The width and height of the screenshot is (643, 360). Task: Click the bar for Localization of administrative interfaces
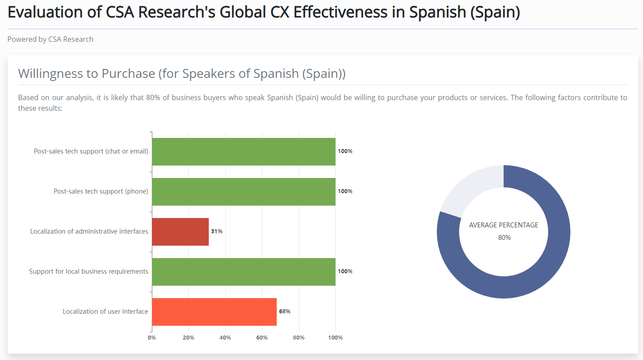[180, 232]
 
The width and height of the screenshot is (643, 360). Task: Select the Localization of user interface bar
[214, 312]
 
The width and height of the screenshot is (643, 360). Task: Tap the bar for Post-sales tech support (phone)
[244, 192]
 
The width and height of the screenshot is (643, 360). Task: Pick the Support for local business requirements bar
[244, 272]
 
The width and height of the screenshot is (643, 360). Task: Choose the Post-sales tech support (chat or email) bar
[244, 152]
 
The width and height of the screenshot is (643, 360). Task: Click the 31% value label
[217, 231]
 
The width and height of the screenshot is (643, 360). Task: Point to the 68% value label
[285, 311]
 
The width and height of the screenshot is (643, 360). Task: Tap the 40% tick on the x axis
[225, 338]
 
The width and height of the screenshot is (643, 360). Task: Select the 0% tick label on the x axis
[152, 338]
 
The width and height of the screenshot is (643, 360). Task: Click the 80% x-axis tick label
[299, 338]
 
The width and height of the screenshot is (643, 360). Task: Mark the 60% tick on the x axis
[262, 338]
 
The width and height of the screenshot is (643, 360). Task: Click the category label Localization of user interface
[105, 311]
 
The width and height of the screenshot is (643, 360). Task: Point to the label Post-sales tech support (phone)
[101, 191]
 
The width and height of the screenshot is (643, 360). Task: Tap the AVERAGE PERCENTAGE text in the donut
[504, 225]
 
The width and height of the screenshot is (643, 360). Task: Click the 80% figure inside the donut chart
[505, 238]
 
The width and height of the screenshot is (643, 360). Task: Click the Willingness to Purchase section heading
[182, 73]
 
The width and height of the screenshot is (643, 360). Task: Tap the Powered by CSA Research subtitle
[50, 39]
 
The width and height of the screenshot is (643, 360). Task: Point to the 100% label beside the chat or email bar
[345, 151]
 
